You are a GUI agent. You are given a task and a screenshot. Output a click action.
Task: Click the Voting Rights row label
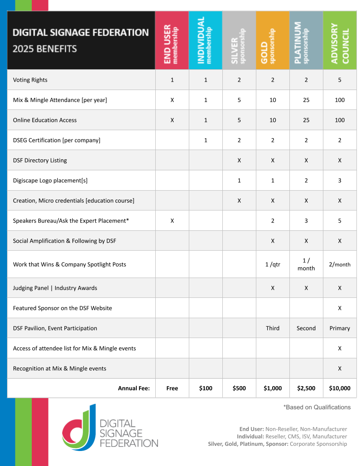point(30,80)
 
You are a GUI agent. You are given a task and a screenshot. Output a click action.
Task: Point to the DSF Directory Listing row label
point(40,160)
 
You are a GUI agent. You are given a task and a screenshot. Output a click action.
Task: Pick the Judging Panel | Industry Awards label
point(55,288)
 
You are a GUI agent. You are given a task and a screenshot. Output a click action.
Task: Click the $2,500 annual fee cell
point(306,388)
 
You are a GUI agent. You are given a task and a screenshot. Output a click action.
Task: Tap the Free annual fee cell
point(172,388)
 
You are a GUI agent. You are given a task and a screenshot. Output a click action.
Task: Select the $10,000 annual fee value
point(340,388)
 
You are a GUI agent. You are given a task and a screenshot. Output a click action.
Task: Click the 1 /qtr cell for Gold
point(273,264)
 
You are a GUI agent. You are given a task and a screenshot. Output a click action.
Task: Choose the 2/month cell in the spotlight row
point(340,264)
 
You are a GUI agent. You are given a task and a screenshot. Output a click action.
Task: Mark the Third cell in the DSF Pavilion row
point(273,328)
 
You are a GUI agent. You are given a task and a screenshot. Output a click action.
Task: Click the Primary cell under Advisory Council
point(340,328)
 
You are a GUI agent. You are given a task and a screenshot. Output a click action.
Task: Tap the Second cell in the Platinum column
point(306,328)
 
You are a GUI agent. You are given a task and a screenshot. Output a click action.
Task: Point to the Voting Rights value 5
point(340,80)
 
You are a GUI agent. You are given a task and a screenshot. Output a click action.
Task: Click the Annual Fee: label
point(134,388)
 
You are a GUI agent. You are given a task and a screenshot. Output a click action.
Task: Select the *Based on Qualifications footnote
point(317,407)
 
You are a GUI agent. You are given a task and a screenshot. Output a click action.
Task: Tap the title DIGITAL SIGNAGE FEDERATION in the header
point(81,33)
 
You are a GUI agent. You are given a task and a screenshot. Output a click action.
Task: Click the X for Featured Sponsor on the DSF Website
point(340,308)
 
